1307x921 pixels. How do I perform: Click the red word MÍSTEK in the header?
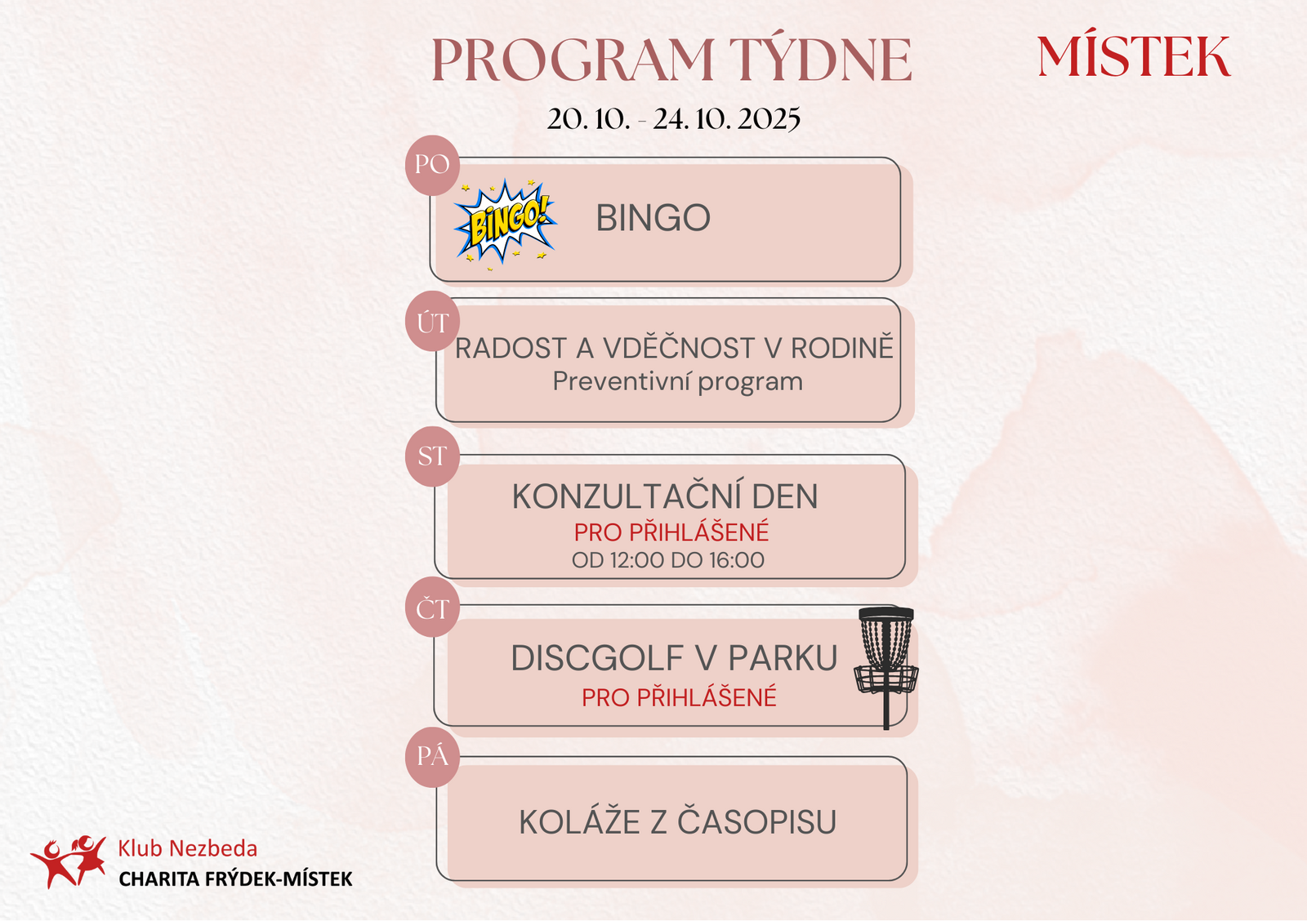[1134, 56]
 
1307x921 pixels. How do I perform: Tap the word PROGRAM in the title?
[573, 60]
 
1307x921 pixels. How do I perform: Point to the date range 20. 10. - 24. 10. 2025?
[673, 119]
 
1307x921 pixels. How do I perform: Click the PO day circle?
[432, 165]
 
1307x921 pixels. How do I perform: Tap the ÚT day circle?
[432, 322]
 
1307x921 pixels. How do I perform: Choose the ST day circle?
[432, 456]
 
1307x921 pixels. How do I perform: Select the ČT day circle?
[432, 607]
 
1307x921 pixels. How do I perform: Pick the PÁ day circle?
[432, 757]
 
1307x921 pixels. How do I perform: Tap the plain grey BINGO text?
[653, 218]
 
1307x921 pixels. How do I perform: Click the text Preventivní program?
[677, 382]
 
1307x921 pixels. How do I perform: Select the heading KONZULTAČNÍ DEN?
[665, 496]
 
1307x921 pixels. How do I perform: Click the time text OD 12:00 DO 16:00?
[668, 560]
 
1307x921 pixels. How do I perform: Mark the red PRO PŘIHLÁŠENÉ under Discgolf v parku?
[679, 696]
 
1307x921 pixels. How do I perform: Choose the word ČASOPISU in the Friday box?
[756, 821]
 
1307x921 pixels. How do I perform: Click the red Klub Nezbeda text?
[187, 848]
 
